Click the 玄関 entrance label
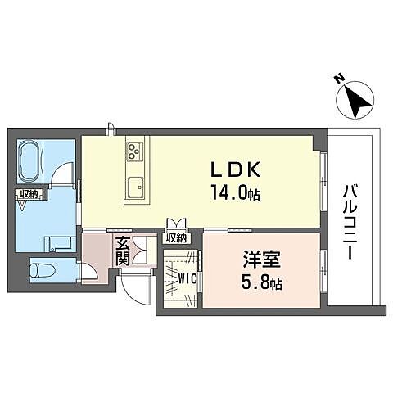click(122, 251)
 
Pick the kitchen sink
click(136, 184)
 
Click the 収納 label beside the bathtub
click(29, 193)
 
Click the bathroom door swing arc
click(59, 174)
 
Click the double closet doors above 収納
click(176, 223)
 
